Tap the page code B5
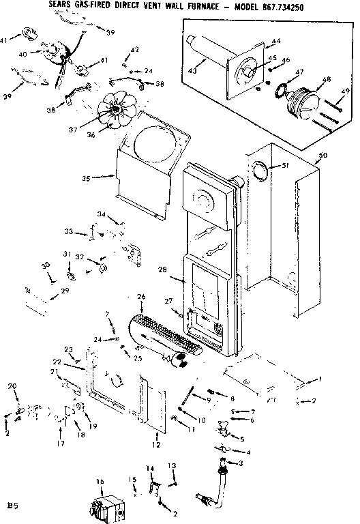tap(12, 506)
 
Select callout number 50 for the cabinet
tap(323, 156)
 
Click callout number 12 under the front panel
tap(156, 444)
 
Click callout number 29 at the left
tap(65, 291)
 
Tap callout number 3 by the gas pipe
tap(239, 463)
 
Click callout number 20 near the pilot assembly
tap(12, 387)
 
